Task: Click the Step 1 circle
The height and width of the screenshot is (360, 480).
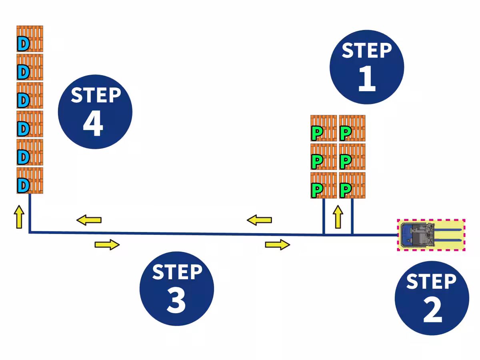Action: (367, 67)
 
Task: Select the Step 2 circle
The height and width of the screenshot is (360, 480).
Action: (432, 298)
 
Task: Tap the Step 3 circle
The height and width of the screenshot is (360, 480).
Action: (177, 288)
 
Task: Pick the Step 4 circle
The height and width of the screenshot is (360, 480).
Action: (95, 112)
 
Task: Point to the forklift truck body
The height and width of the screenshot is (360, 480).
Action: (418, 235)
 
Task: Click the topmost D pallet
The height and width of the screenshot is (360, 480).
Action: (30, 39)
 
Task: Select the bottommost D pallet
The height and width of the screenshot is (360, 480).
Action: (30, 180)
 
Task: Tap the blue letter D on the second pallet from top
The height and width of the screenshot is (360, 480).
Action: (23, 72)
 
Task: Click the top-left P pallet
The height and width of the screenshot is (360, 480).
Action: (324, 128)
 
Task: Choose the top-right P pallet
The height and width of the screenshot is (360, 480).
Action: (352, 128)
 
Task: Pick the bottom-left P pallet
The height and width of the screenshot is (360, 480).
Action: (324, 185)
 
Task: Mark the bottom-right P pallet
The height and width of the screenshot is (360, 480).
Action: (352, 185)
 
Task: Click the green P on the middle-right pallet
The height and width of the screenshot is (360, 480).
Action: (346, 162)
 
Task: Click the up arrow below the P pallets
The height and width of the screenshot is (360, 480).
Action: (338, 217)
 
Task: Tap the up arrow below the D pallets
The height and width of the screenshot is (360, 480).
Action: (19, 217)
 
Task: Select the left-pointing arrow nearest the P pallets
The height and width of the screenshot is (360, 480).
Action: (259, 220)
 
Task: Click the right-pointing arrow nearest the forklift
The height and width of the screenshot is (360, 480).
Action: (278, 244)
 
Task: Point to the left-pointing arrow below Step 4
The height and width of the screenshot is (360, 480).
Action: (89, 220)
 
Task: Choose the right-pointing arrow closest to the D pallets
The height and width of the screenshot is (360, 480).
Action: (107, 244)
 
